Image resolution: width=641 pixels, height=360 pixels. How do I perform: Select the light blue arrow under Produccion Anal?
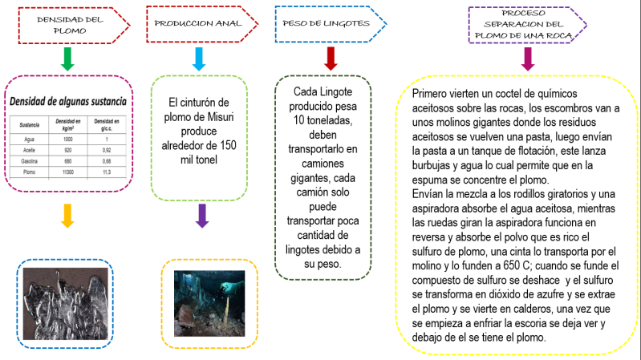[x=200, y=59]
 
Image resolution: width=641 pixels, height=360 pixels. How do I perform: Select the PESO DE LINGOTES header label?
[x=327, y=23]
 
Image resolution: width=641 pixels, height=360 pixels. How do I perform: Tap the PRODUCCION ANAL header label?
[x=195, y=23]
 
